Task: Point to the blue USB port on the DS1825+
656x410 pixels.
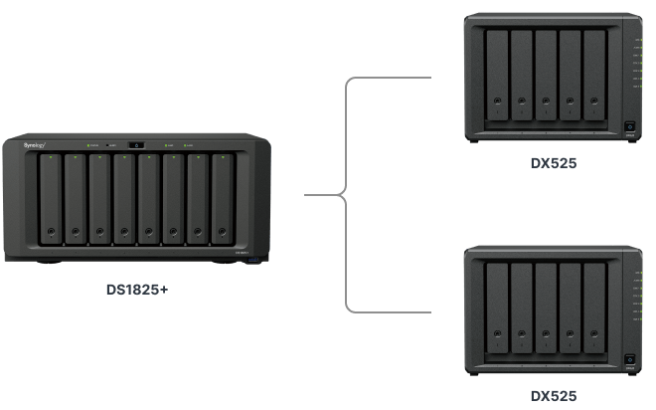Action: click(256, 260)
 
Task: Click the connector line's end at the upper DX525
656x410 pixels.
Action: click(430, 77)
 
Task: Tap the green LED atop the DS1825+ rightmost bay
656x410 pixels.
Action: click(223, 157)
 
